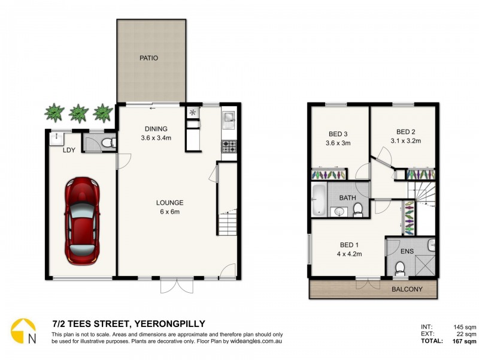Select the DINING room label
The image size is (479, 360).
coord(156,128)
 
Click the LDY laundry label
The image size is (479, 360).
coord(69,150)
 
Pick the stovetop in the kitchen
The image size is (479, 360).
coord(229,145)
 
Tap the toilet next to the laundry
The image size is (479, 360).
coord(107,143)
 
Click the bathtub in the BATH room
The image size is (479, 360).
coord(319,199)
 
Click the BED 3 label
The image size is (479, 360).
coord(338,133)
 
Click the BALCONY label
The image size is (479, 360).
coord(407,289)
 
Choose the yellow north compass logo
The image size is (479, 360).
coord(23,331)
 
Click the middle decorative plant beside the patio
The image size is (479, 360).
coord(78,112)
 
